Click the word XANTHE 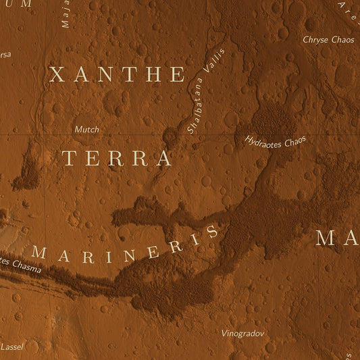(117, 74)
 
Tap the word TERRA (117, 159)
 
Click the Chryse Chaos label (328, 40)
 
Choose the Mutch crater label (86, 129)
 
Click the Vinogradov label (243, 333)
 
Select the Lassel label (11, 346)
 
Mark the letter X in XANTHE (57, 74)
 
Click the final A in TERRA (163, 159)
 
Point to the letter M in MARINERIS (39, 254)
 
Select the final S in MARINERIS (213, 232)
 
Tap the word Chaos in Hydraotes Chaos (294, 140)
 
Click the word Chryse (315, 40)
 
